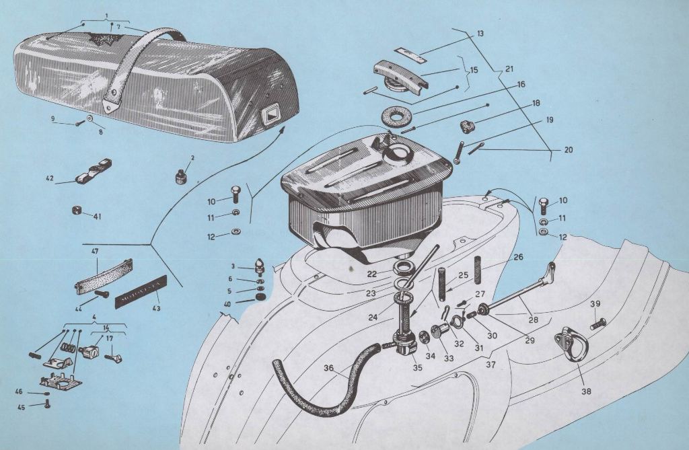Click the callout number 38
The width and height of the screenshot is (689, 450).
[x=586, y=390]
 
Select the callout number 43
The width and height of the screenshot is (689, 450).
[x=156, y=309]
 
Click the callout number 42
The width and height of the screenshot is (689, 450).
[x=50, y=178]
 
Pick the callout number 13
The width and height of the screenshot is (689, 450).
[x=480, y=33]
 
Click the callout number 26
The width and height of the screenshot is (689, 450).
[x=517, y=256]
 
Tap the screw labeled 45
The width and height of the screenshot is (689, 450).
[x=47, y=404]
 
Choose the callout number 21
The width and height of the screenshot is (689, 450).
[x=508, y=69]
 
